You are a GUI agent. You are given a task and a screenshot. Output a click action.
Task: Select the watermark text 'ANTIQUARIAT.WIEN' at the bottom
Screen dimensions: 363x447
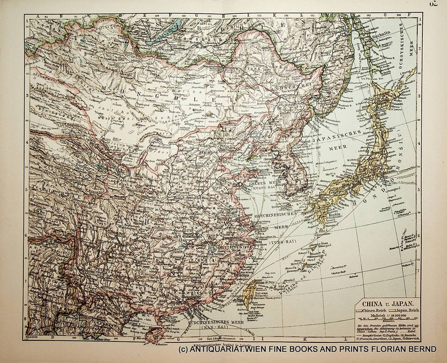(x=223, y=349)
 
